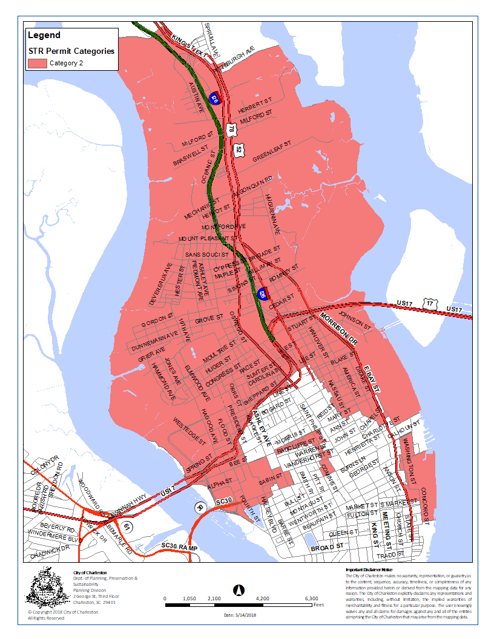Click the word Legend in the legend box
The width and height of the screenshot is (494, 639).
pyautogui.click(x=44, y=36)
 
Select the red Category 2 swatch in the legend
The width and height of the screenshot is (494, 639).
pyautogui.click(x=36, y=63)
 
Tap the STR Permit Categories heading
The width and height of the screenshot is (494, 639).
pyautogui.click(x=71, y=51)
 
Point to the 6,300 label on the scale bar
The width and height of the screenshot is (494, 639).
pyautogui.click(x=311, y=598)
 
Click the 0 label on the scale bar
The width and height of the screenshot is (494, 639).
pyautogui.click(x=165, y=598)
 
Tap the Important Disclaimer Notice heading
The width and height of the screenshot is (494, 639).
pyautogui.click(x=369, y=570)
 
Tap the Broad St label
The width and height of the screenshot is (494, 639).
pyautogui.click(x=327, y=547)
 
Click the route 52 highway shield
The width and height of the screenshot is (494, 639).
pyautogui.click(x=240, y=149)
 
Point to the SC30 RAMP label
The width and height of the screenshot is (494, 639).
pyautogui.click(x=180, y=546)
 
